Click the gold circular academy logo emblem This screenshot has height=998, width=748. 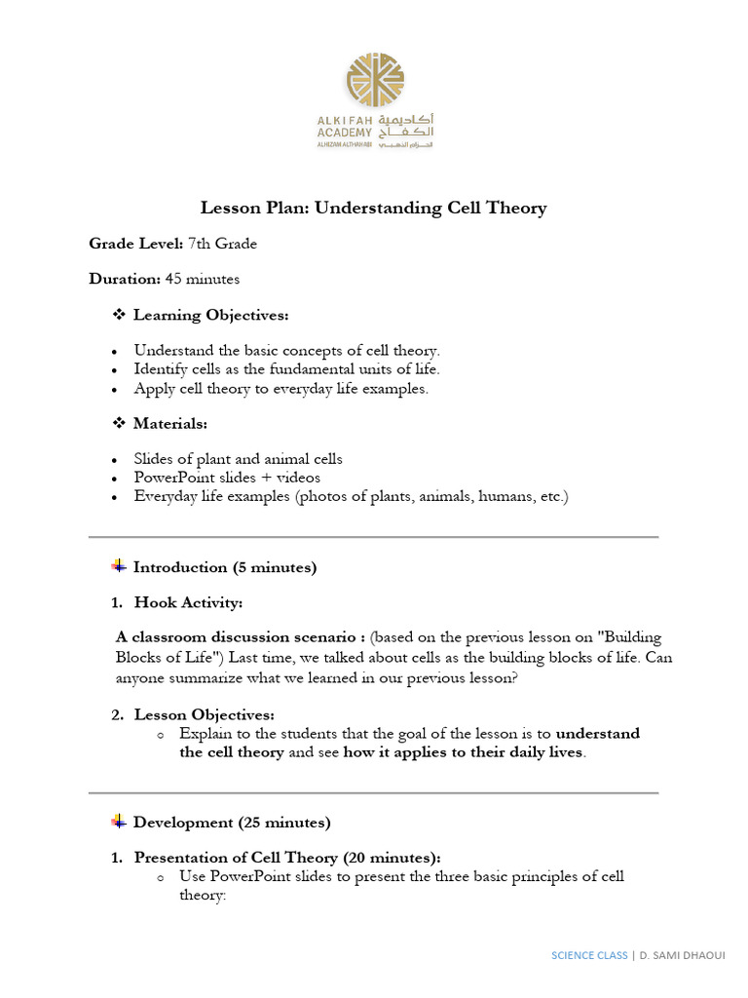click(x=375, y=82)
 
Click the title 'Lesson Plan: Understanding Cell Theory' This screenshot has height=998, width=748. click(x=373, y=208)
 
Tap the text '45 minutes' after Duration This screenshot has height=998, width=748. click(x=202, y=279)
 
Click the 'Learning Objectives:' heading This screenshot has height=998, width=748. click(x=210, y=315)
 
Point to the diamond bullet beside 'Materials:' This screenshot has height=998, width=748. click(x=120, y=424)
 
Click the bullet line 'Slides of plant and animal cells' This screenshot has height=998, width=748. click(x=238, y=459)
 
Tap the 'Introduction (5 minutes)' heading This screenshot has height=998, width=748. click(x=224, y=567)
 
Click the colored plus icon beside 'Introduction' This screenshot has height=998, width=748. click(x=119, y=566)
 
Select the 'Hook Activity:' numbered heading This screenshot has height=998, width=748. click(x=188, y=603)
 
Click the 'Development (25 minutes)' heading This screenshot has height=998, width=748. click(x=232, y=823)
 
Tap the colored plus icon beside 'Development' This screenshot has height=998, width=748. click(x=119, y=822)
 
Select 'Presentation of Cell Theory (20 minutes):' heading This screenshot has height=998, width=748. click(x=287, y=858)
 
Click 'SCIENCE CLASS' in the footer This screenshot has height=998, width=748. click(x=590, y=955)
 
